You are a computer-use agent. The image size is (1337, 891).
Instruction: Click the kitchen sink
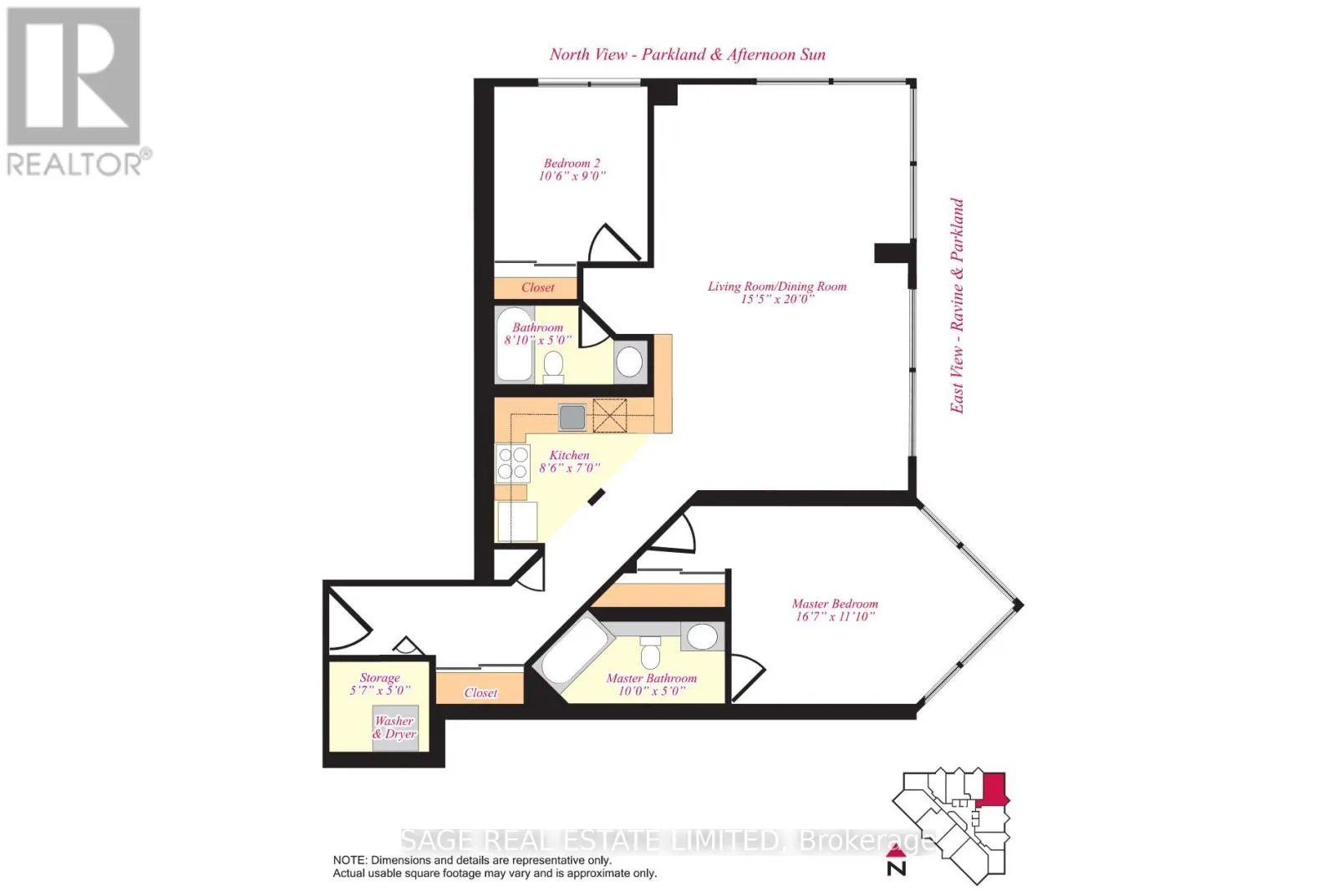click(x=572, y=417)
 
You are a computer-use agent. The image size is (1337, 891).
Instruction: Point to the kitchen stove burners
click(x=513, y=463)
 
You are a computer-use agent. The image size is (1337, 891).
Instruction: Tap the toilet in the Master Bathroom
click(x=650, y=652)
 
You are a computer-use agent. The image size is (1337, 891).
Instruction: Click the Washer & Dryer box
click(x=395, y=727)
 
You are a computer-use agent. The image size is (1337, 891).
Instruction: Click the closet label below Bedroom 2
click(x=538, y=287)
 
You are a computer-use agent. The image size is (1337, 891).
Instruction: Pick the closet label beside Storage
click(x=480, y=693)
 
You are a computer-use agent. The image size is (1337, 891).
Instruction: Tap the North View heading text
click(x=687, y=55)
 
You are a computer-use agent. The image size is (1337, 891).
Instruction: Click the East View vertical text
click(x=957, y=306)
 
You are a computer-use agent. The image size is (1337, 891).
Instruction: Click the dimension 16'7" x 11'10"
click(x=835, y=616)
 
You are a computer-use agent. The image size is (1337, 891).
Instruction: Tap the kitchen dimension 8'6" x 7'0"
click(x=569, y=468)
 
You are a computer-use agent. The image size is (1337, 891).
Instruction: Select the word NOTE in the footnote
click(x=349, y=861)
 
